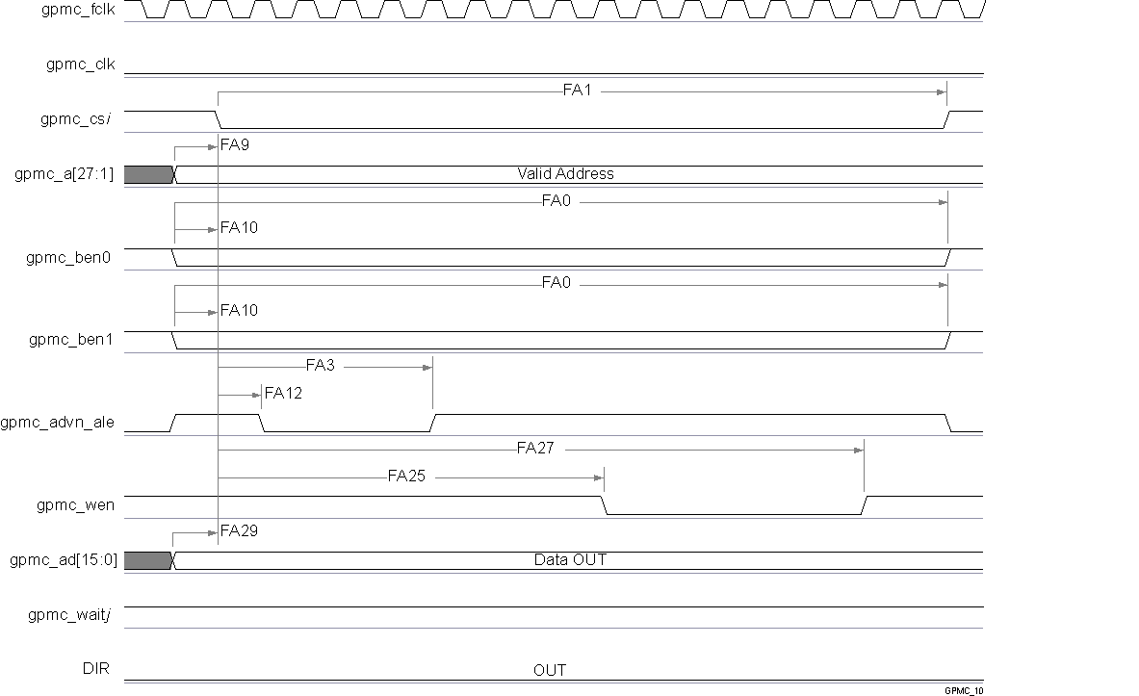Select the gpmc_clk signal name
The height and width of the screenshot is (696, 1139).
(x=81, y=64)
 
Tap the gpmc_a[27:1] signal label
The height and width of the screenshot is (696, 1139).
(x=65, y=174)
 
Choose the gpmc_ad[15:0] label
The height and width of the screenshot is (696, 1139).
(x=63, y=559)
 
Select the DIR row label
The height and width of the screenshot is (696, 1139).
(x=99, y=669)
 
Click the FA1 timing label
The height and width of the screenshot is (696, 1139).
(x=581, y=91)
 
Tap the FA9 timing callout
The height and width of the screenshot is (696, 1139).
(x=235, y=145)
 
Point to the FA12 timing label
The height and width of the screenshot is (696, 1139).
(x=282, y=393)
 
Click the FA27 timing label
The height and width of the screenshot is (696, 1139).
(x=535, y=448)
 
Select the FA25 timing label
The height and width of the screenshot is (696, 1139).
(x=406, y=476)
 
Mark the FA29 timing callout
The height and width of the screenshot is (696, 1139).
(x=239, y=530)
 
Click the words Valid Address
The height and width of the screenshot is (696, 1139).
(x=565, y=174)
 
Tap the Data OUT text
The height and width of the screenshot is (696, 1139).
(x=570, y=559)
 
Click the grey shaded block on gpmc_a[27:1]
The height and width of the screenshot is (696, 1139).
(x=146, y=174)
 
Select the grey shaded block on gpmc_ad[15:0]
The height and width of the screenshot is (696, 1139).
(x=146, y=559)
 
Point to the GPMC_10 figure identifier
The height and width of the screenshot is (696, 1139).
(x=963, y=690)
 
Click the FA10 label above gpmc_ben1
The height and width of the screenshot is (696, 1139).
(x=239, y=311)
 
